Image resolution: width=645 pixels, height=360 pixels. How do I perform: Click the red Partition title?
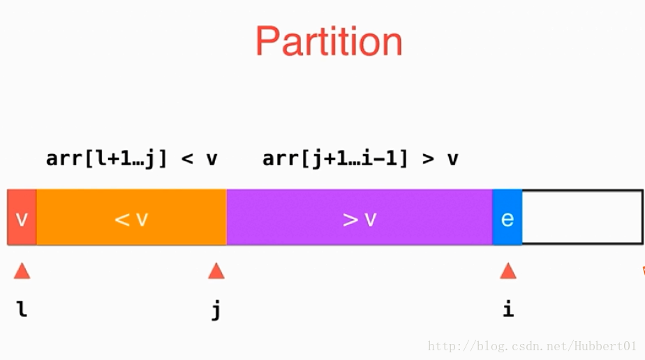(329, 41)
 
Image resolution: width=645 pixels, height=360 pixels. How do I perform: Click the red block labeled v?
(22, 218)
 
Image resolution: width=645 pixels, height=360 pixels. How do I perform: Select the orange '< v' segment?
(132, 218)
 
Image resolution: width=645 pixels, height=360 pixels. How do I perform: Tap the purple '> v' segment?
(359, 218)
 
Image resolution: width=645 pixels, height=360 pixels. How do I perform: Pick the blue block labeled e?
(507, 218)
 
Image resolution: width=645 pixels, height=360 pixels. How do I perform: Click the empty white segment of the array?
(582, 218)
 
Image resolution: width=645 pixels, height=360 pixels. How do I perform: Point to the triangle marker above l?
(22, 271)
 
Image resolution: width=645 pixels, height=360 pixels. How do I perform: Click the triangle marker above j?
(216, 271)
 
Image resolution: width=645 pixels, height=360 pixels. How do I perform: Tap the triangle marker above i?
(508, 271)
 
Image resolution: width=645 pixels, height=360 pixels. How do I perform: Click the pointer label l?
(22, 308)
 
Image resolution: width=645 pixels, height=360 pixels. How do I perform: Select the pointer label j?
(216, 310)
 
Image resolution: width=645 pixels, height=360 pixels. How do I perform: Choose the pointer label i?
(508, 308)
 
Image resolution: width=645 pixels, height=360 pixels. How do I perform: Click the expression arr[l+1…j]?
(107, 158)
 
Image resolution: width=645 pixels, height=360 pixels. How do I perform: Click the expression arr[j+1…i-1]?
(335, 158)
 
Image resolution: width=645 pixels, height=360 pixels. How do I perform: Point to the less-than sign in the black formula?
(187, 159)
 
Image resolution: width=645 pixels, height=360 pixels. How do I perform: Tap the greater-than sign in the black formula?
(428, 159)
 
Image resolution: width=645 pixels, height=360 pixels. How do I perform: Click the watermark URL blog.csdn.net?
(533, 346)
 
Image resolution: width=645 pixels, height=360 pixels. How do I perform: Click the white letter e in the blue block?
(507, 218)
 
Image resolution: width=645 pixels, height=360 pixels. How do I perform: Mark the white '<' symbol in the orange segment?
(122, 220)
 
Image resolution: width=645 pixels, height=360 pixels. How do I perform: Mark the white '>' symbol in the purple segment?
(350, 220)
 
